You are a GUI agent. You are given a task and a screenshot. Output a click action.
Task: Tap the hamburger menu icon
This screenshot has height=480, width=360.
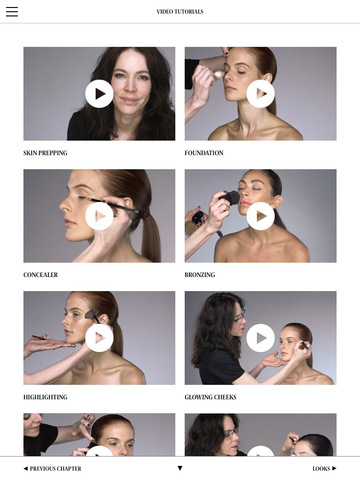coord(12,11)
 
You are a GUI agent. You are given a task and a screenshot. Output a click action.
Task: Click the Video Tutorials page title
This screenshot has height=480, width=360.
coord(180,12)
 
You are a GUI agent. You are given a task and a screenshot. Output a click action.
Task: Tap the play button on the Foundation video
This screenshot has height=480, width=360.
coord(261,94)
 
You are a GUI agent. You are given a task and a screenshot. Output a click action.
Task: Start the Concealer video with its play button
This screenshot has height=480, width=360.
coord(99,216)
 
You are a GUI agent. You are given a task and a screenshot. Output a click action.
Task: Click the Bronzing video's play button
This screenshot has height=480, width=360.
coord(261,216)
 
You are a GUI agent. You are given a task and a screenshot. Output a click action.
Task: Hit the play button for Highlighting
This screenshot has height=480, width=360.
coord(99,338)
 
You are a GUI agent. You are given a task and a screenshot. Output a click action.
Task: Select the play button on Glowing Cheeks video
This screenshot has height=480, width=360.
coord(261,338)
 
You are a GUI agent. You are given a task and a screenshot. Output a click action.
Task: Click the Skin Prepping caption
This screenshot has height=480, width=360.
coord(45,153)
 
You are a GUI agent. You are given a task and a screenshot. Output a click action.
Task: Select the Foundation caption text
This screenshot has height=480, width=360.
coord(204,153)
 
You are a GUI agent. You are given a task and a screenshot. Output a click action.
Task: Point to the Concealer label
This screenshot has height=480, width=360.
coord(41,275)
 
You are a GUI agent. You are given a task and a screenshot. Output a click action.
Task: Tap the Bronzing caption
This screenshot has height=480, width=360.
coord(200,275)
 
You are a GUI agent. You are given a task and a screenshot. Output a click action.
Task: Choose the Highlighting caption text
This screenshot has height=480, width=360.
coord(45,397)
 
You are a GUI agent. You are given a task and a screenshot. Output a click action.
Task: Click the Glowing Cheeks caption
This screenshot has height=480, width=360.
coord(211,397)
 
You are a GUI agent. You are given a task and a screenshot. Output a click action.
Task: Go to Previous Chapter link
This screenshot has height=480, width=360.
coord(53,469)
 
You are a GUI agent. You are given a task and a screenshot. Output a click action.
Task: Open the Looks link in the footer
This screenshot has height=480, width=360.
coord(324,469)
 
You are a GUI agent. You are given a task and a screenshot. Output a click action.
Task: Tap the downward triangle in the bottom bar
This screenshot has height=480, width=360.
coord(180,468)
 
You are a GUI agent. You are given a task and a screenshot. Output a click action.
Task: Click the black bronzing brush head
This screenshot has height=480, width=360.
coord(231,197)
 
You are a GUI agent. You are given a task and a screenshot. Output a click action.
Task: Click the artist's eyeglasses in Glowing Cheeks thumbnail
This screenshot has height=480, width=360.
coord(239,316)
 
